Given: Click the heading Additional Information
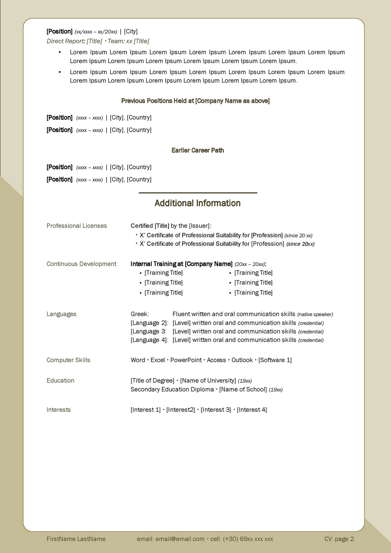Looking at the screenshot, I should [197, 203].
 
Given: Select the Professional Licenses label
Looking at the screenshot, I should [77, 226].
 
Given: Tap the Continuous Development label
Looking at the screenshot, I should [82, 264].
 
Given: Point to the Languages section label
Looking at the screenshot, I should [61, 314].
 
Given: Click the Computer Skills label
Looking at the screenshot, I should [68, 360].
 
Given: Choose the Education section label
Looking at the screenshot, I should [60, 380].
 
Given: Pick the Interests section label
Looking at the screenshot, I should [58, 410].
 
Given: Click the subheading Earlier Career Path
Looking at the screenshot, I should [198, 150].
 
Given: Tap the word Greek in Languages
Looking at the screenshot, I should [139, 314].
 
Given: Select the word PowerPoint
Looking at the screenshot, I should [186, 360].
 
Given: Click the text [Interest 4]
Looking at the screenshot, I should [252, 410].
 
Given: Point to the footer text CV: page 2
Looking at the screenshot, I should [339, 539].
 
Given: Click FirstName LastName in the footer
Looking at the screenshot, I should [76, 539].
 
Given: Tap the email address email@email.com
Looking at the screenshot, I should [180, 539].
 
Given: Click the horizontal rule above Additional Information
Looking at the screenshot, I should [198, 193].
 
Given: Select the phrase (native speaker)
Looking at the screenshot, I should [315, 314].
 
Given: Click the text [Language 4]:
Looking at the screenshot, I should [149, 340].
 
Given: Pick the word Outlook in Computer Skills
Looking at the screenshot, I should [242, 360].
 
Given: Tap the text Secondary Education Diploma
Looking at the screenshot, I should [172, 389].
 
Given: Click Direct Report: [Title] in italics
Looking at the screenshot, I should [74, 41].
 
